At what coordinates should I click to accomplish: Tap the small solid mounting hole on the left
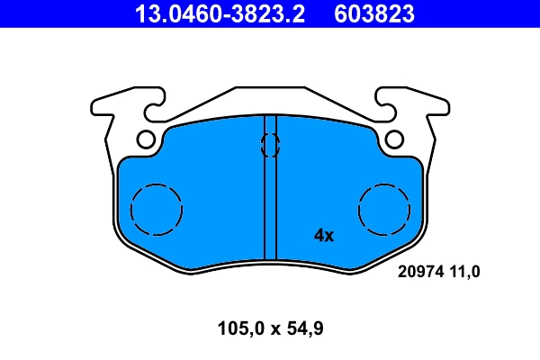click(x=147, y=139)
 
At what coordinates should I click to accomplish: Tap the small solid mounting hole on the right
click(x=393, y=139)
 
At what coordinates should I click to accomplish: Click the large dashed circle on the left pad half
click(x=157, y=209)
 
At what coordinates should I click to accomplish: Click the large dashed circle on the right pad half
click(x=383, y=209)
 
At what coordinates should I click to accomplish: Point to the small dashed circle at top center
click(x=269, y=144)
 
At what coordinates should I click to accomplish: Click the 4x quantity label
click(x=323, y=236)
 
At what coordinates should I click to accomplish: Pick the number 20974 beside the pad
click(x=419, y=272)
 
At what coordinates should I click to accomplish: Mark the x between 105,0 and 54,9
click(x=271, y=330)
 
